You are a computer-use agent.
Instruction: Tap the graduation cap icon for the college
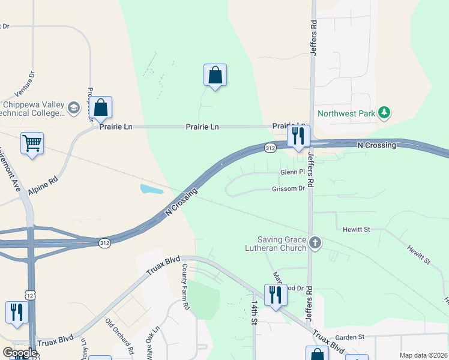[x=74, y=108]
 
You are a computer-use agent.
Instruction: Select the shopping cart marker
[x=32, y=143]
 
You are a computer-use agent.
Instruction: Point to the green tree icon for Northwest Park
[x=384, y=112]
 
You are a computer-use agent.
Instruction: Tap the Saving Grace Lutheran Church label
[x=282, y=243]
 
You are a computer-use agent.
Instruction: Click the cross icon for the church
[x=315, y=243]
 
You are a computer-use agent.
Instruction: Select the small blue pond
[x=152, y=190]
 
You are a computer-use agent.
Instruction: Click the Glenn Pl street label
[x=294, y=173]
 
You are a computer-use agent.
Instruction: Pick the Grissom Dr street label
[x=289, y=189]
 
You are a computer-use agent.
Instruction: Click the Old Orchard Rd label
[x=119, y=335]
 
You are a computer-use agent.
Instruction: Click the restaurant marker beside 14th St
[x=276, y=295]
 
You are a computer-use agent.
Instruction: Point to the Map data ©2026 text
[x=423, y=355]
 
